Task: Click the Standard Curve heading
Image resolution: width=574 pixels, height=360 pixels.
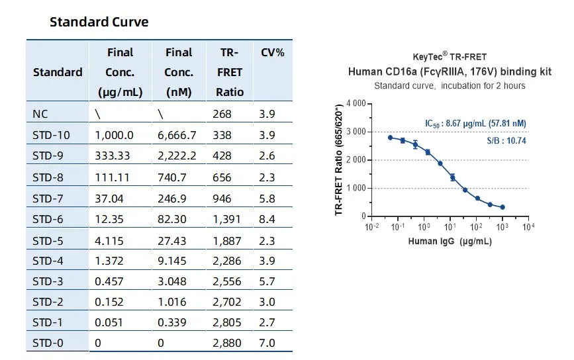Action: click(99, 22)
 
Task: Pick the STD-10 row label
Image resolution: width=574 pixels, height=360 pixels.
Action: click(51, 136)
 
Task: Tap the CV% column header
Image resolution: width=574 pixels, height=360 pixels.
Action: click(273, 52)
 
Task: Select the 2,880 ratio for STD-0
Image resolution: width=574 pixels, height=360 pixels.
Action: click(228, 343)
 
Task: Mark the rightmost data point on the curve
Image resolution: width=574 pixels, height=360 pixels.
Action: click(502, 207)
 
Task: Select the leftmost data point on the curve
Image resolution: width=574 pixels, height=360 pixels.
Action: click(390, 138)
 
